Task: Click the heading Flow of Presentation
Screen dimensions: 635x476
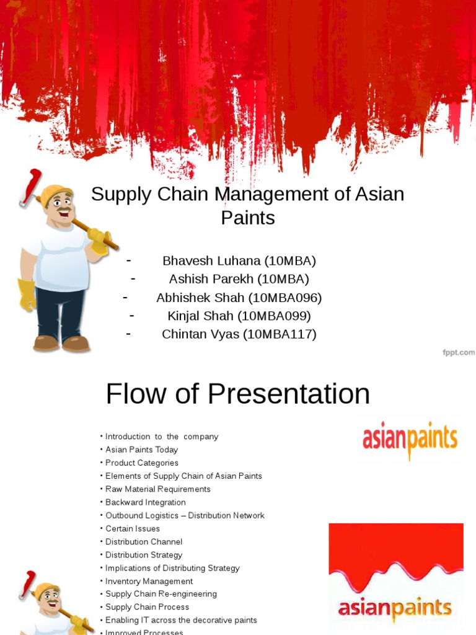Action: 237,394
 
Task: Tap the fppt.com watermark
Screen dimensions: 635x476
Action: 458,352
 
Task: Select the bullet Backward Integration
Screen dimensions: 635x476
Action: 145,502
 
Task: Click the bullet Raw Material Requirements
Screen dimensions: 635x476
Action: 157,489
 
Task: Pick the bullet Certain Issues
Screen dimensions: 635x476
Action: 132,528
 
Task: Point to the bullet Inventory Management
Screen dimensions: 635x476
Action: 149,581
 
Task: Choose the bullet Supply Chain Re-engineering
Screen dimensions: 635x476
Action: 161,594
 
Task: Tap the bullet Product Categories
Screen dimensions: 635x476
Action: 141,463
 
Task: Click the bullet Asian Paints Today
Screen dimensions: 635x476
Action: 141,450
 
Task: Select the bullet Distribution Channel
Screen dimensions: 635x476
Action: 143,541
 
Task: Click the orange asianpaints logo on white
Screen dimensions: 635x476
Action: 410,440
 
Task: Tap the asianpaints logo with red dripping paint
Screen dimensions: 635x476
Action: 395,577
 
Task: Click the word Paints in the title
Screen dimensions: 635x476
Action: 247,218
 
